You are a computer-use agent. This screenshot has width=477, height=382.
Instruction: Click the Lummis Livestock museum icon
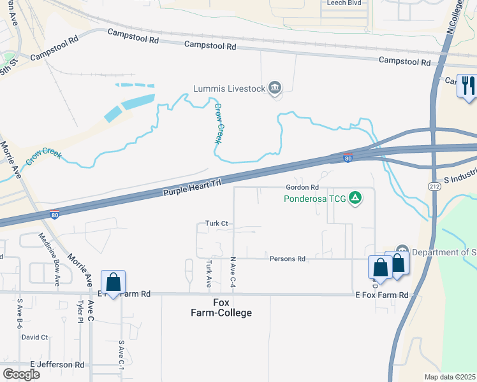(x=275, y=88)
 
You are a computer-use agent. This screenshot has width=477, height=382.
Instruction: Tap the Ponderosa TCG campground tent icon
(x=356, y=199)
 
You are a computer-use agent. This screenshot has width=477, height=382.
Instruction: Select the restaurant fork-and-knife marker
(x=468, y=85)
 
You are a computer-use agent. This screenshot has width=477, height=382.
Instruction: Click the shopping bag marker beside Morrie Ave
(x=113, y=282)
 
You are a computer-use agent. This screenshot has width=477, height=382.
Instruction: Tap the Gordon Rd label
(x=302, y=188)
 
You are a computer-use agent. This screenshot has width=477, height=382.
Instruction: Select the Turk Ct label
(x=217, y=223)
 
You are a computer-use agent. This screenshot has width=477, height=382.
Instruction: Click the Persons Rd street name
(x=288, y=259)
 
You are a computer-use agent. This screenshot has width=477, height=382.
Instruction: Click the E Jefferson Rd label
(x=57, y=365)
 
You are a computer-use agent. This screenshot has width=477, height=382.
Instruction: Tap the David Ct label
(x=34, y=337)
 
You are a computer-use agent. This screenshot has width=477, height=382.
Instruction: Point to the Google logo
(x=21, y=374)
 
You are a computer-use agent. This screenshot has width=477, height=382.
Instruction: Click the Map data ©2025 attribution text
(x=450, y=377)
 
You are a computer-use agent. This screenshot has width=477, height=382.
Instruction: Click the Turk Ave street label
(x=209, y=272)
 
